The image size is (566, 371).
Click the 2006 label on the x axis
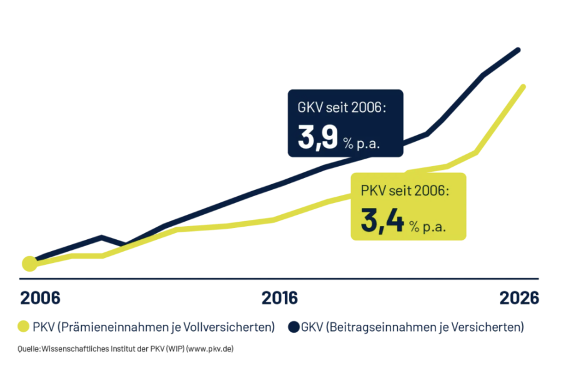(x=40, y=298)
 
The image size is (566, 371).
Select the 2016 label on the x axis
(x=280, y=298)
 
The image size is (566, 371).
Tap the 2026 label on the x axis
(x=519, y=298)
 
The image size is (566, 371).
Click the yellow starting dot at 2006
(x=29, y=264)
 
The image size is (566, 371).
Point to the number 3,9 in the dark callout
(x=318, y=137)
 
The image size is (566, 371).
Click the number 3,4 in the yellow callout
(x=382, y=220)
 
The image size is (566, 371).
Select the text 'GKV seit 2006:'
(x=342, y=107)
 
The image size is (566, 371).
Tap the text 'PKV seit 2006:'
(x=405, y=190)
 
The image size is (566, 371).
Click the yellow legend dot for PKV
(x=24, y=327)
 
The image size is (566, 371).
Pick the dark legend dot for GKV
(x=294, y=327)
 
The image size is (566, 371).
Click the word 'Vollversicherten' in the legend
(x=229, y=327)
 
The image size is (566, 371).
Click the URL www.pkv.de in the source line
(x=210, y=349)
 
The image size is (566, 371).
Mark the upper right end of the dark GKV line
(x=519, y=50)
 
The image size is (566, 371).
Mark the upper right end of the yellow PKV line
(x=523, y=87)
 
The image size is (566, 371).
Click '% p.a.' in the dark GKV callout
(x=362, y=144)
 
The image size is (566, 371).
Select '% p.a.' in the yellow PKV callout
(x=428, y=227)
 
